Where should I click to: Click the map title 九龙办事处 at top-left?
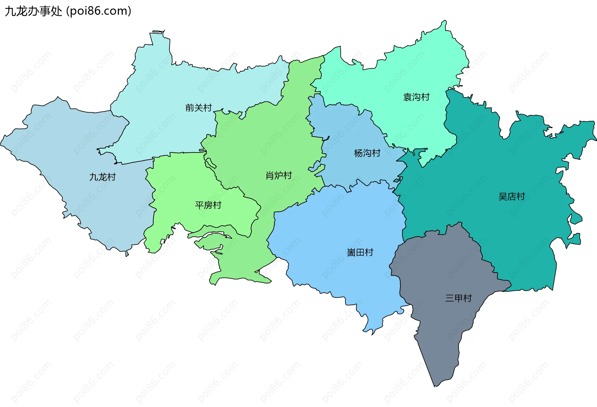pos(34,11)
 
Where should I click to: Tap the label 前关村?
pos(198,108)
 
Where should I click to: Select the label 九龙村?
pos(102,177)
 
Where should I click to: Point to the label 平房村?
pos(208,205)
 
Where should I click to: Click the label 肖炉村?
pos(279,176)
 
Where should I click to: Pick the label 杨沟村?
pos(367,153)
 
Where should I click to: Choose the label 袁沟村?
pos(416,97)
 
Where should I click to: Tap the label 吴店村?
pos(511,196)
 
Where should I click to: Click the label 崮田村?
pos(360,252)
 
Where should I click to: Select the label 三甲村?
pos(458,298)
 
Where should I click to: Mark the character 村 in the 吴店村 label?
pos(521,196)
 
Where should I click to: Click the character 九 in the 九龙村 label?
pos(94,177)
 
